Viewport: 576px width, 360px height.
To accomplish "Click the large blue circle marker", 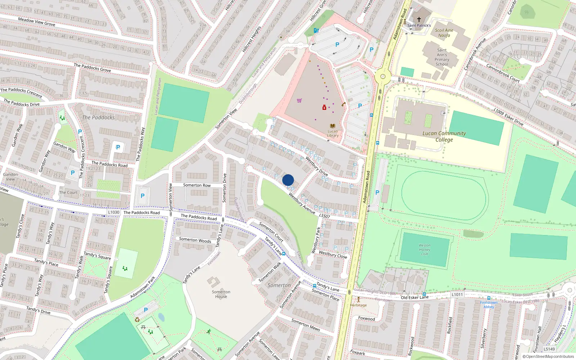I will [288, 180].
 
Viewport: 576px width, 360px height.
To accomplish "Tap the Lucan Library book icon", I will [333, 126].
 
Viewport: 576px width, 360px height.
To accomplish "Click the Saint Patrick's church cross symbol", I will [419, 19].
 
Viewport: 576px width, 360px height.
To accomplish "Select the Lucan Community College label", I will [444, 136].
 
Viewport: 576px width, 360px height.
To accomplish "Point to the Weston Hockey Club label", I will [424, 249].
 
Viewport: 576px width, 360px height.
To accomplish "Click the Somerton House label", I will [221, 294].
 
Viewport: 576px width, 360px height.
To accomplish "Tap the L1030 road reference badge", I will [113, 212].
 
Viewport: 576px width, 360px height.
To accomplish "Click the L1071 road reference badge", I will [457, 294].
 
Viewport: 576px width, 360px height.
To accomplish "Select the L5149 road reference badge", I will [549, 349].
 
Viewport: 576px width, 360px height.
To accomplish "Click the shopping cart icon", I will [299, 100].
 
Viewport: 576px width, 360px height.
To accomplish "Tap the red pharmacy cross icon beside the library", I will [324, 107].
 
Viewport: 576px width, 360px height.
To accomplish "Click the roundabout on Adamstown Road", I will [383, 76].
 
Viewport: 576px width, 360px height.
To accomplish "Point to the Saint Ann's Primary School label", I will [442, 57].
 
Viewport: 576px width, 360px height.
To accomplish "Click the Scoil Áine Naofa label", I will [444, 33].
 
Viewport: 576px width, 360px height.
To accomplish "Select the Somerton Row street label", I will [197, 185].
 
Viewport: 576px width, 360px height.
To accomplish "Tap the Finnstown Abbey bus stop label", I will [489, 305].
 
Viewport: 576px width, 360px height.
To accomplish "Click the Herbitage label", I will [359, 305].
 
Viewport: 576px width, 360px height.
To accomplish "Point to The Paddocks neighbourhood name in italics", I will [98, 117].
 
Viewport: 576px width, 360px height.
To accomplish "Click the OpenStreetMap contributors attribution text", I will [550, 356].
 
